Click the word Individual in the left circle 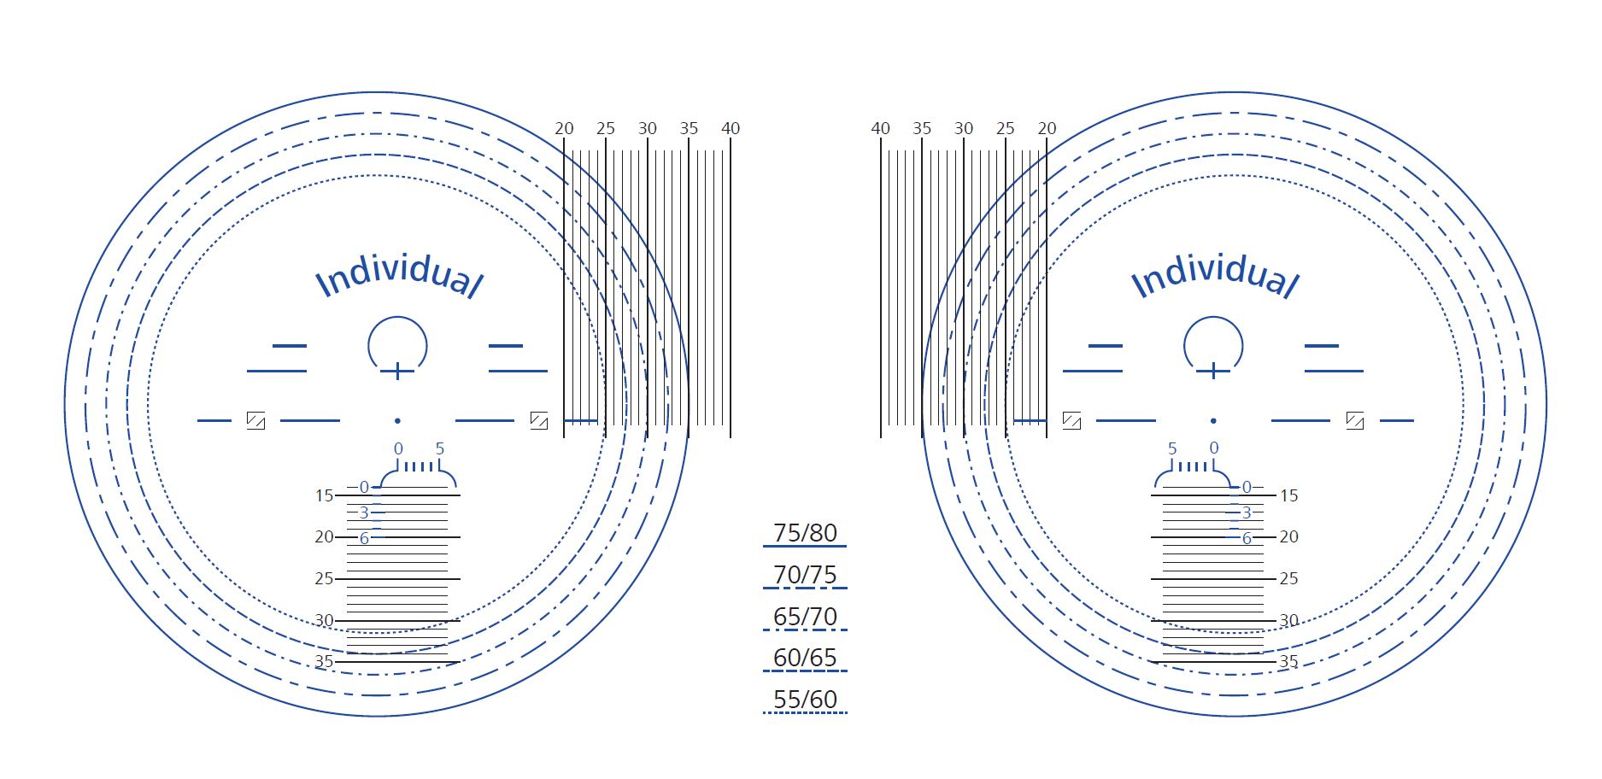[399, 275]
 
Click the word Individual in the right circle [1214, 275]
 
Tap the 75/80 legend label [805, 533]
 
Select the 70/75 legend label [805, 575]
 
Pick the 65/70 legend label [805, 617]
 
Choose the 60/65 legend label [805, 658]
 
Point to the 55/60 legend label [805, 700]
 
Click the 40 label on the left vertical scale [731, 128]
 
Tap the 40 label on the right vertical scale [881, 128]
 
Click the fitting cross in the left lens [397, 371]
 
